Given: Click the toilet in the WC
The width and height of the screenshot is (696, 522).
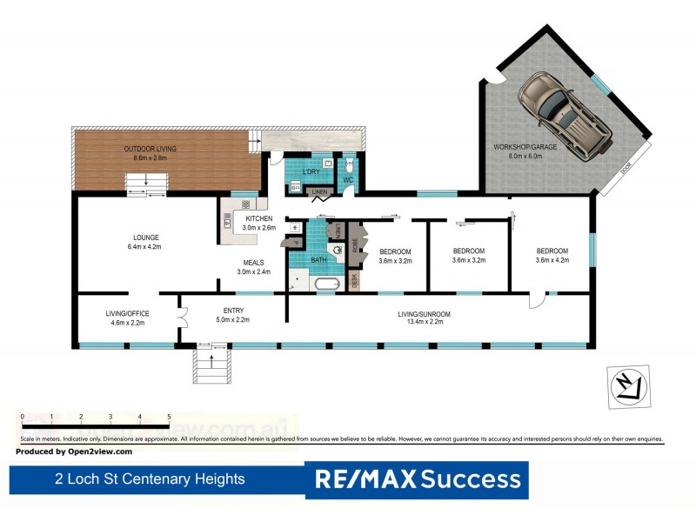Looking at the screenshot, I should (x=347, y=165).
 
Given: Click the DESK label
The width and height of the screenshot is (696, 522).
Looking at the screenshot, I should (x=354, y=281).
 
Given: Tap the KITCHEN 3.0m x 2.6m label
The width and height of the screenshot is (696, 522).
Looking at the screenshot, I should (x=260, y=223).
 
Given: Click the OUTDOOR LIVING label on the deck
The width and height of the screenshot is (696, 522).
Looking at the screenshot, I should (x=145, y=154).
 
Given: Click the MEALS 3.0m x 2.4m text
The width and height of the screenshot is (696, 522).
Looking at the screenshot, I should (x=254, y=267).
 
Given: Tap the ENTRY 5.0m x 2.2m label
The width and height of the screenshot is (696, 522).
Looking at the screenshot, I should (x=231, y=315).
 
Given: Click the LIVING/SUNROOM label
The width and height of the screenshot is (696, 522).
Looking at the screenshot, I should (x=424, y=318).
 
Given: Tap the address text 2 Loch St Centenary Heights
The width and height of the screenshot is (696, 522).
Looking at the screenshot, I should (x=150, y=479).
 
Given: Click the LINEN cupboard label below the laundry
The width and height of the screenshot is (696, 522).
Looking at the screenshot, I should (x=319, y=191).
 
